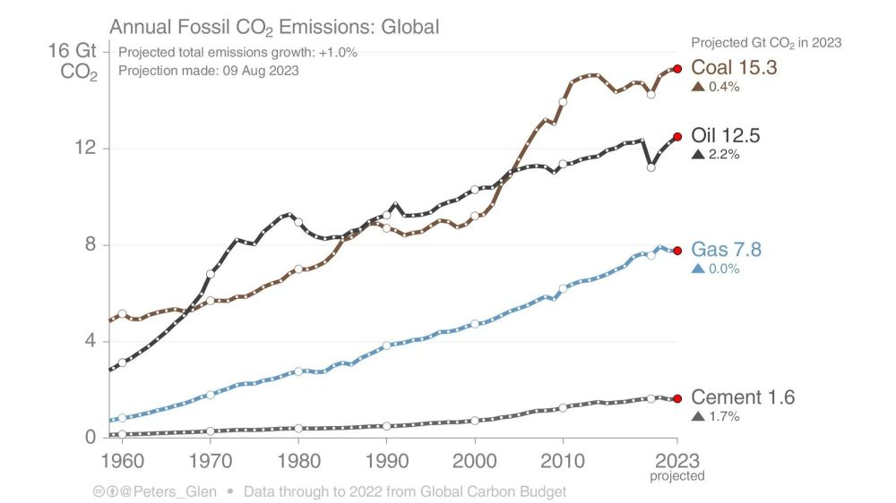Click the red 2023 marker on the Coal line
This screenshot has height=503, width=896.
(677, 68)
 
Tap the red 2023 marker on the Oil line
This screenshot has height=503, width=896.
(677, 137)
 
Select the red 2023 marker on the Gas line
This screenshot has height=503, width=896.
(677, 251)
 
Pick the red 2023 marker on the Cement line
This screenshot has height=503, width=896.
(677, 398)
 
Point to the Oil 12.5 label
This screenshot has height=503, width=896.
(726, 136)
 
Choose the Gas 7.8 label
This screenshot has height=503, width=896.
(726, 250)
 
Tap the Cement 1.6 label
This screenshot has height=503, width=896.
(743, 397)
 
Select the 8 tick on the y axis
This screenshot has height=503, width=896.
(89, 245)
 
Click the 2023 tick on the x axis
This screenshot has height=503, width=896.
(677, 462)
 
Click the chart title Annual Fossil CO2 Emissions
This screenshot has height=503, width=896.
(274, 27)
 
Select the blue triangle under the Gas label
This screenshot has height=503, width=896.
(697, 268)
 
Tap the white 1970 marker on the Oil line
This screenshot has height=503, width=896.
(211, 274)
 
